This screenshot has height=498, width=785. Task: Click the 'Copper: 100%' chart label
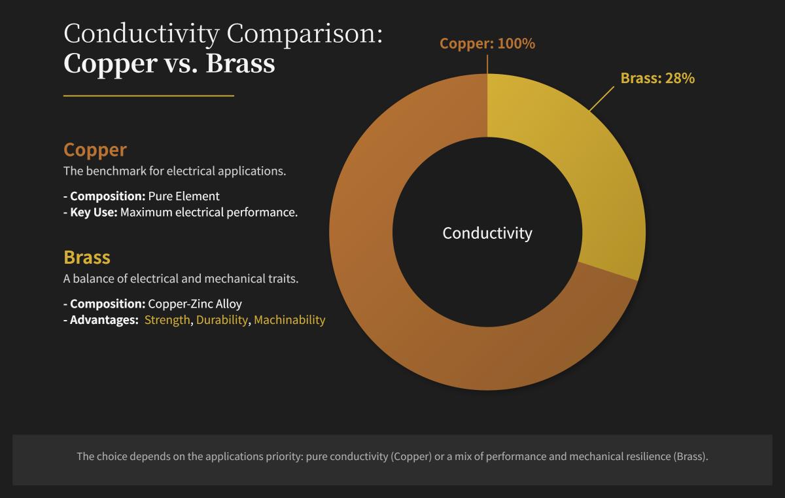click(487, 44)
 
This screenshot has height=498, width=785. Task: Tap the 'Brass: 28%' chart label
click(657, 79)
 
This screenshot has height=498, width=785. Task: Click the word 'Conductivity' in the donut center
click(487, 233)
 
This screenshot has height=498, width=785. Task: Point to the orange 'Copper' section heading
click(95, 150)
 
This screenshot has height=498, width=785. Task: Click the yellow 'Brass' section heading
click(87, 257)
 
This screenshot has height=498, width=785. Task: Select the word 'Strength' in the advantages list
click(167, 320)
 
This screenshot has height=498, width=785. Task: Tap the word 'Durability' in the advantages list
click(222, 320)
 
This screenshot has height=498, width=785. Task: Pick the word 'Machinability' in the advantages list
click(289, 320)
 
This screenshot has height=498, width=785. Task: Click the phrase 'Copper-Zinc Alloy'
click(195, 304)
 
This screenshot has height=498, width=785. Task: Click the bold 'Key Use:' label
click(94, 213)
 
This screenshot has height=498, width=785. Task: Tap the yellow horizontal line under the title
click(148, 96)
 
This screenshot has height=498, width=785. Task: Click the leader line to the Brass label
click(602, 98)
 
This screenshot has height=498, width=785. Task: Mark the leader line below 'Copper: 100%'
click(487, 64)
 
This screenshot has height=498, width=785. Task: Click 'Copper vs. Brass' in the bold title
click(169, 63)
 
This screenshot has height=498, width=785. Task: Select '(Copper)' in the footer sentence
click(411, 456)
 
